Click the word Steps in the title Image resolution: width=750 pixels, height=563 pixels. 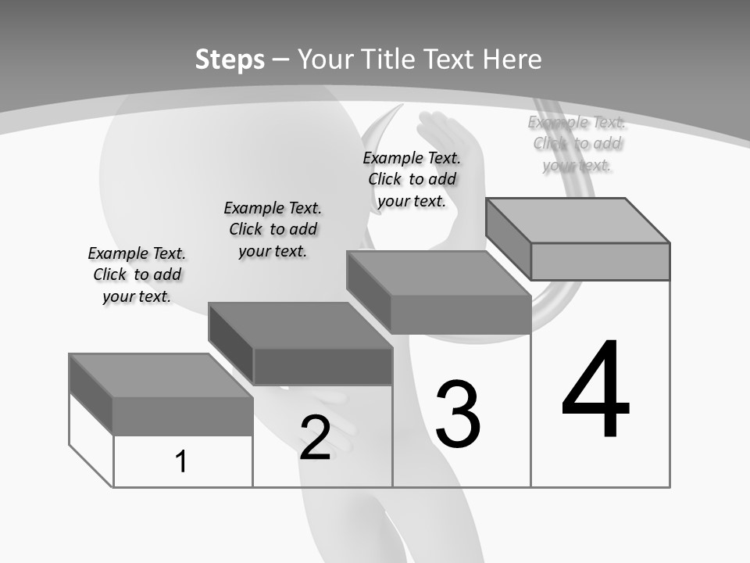230,59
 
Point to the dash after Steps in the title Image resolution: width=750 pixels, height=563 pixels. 281,60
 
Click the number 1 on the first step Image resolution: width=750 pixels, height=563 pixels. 181,461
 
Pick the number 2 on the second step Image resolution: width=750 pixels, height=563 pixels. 315,438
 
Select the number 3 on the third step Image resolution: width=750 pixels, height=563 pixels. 458,414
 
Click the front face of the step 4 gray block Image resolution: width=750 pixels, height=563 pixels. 600,261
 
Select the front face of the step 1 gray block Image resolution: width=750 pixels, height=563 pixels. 183,415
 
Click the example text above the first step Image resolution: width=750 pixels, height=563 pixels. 137,274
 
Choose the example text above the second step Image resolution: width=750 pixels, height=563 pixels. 273,229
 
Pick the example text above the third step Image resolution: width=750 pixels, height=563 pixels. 412,179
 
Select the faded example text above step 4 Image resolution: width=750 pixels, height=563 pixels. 577,143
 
